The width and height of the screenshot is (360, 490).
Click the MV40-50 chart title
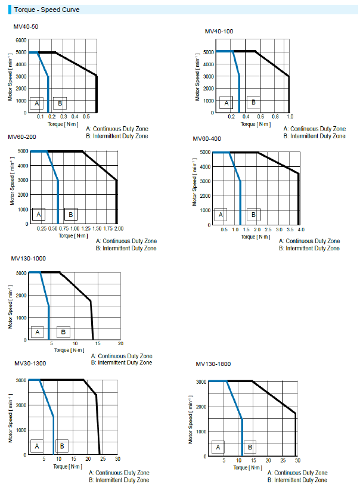pyautogui.click(x=26, y=27)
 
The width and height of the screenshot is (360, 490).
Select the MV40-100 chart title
pyautogui.click(x=219, y=31)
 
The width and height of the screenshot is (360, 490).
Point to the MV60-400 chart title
pyautogui.click(x=207, y=138)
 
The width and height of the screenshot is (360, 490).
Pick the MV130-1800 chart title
pyautogui.click(x=213, y=364)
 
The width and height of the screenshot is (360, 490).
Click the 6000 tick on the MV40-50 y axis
pyautogui.click(x=21, y=40)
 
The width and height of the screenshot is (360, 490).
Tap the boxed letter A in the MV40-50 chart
pyautogui.click(x=37, y=103)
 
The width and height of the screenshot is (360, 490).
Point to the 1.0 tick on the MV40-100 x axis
pyautogui.click(x=289, y=117)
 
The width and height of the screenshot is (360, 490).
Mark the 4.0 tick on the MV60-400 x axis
pyautogui.click(x=300, y=230)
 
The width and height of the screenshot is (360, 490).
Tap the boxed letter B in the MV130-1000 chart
pyautogui.click(x=63, y=331)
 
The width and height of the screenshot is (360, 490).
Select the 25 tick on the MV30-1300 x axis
pyautogui.click(x=103, y=459)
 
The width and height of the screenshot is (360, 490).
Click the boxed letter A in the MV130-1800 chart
pyautogui.click(x=218, y=446)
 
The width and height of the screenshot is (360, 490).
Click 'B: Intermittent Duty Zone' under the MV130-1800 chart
pyautogui.click(x=297, y=479)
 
